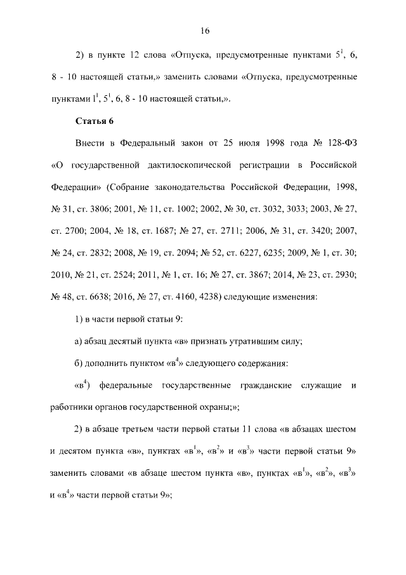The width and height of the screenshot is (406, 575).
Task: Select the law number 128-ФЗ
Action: (x=336, y=143)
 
